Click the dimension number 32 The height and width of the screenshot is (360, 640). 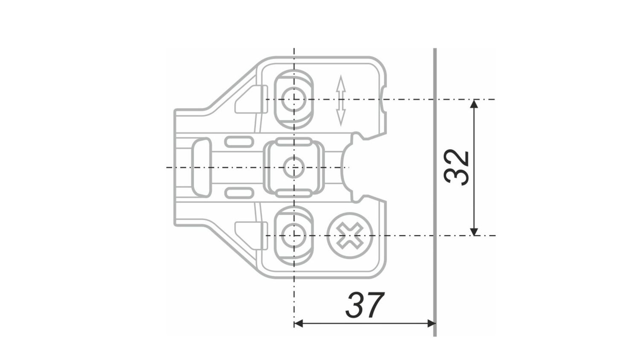click(x=457, y=167)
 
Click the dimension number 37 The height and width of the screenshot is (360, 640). click(x=365, y=305)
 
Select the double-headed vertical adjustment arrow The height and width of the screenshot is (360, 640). click(x=340, y=101)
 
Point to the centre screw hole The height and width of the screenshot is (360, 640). click(x=294, y=167)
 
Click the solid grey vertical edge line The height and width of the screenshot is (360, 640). click(x=435, y=192)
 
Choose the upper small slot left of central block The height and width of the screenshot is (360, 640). click(x=239, y=141)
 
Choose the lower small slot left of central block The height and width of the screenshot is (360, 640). click(x=239, y=193)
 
